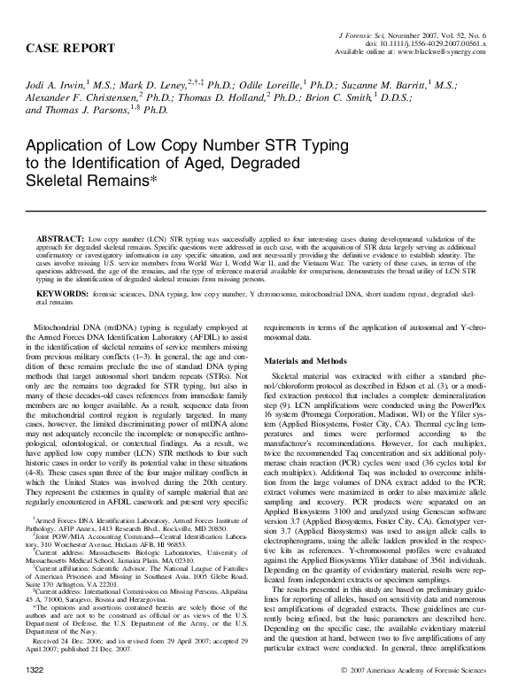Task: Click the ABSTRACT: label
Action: coord(64,240)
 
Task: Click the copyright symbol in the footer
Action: coord(344,686)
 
